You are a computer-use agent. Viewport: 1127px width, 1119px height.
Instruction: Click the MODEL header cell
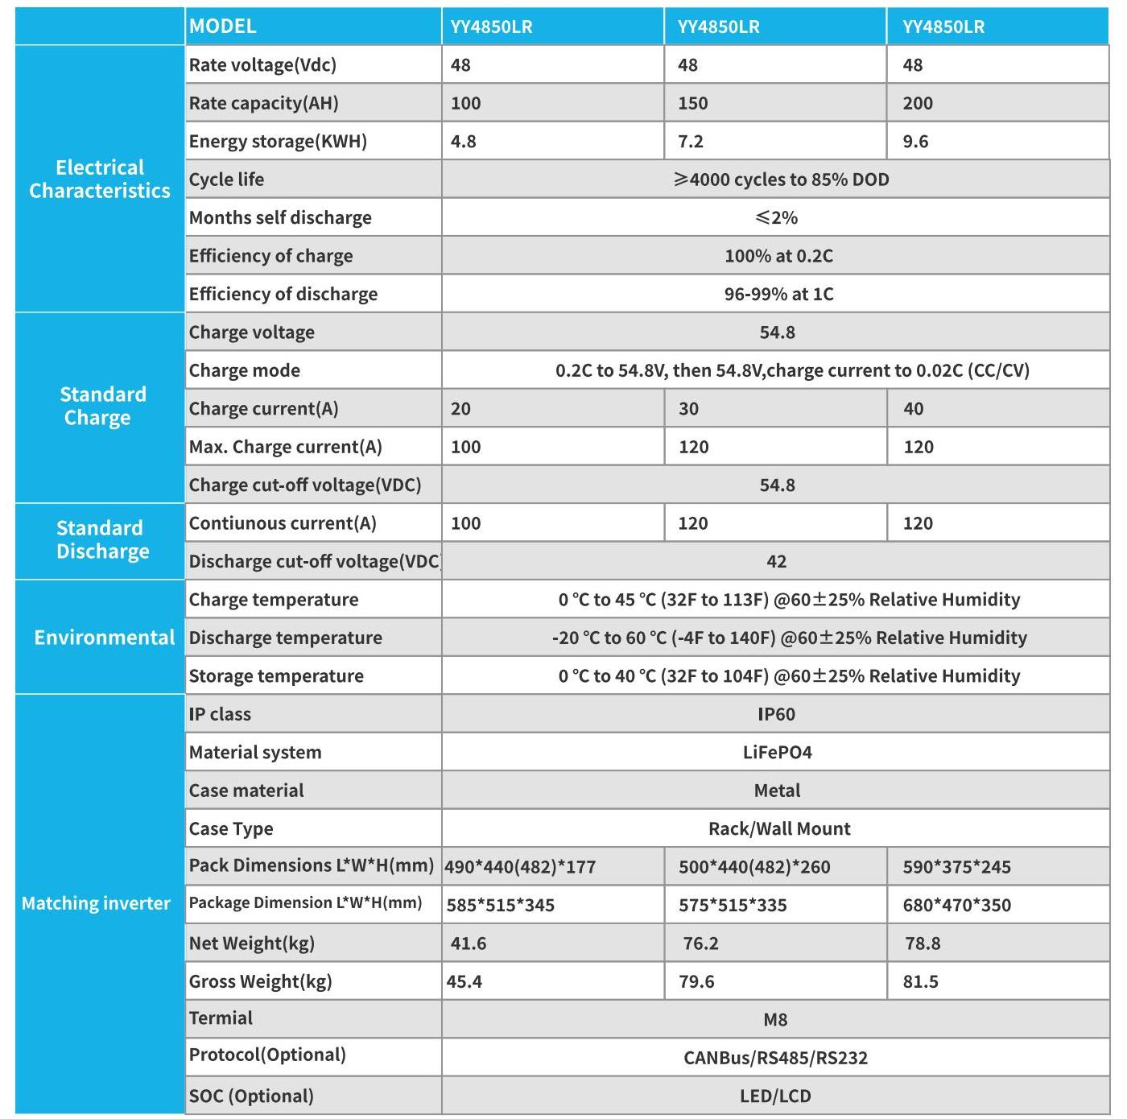coord(223,27)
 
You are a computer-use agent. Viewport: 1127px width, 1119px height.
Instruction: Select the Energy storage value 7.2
coord(691,142)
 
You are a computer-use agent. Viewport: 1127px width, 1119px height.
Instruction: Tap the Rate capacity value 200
coord(918,103)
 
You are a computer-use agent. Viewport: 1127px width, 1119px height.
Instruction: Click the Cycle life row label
coord(226,180)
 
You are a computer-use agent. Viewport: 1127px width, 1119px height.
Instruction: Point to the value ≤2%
coord(776,217)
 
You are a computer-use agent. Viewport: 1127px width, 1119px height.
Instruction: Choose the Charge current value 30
coord(688,409)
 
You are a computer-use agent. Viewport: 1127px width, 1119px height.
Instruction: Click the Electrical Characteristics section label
coord(100,179)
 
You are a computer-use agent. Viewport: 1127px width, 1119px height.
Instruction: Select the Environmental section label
coord(104,638)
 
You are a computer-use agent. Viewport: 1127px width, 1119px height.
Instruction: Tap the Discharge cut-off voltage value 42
coord(776,561)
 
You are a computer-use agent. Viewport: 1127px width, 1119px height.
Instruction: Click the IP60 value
coord(776,714)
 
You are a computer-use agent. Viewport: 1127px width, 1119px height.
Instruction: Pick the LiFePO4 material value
coord(777,753)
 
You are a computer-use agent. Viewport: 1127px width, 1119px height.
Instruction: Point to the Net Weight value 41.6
coord(469,944)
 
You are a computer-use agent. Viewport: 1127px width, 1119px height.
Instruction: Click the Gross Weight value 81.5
coord(920,981)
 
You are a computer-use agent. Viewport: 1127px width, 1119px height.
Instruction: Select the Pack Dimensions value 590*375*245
coord(956,867)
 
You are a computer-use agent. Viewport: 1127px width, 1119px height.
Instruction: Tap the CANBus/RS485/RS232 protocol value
coord(775,1058)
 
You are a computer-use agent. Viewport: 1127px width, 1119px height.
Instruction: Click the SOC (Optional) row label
coord(251,1096)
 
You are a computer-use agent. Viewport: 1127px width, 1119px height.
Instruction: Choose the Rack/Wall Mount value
coord(779,828)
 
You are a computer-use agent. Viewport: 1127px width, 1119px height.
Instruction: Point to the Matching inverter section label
coord(96,903)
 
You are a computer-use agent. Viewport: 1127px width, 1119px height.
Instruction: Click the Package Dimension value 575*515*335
coord(733,905)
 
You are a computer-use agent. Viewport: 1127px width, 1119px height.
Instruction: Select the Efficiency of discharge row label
coord(283,294)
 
